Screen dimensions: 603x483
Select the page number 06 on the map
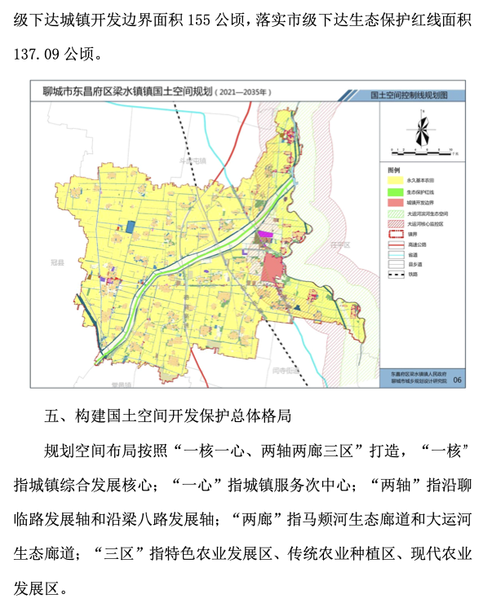(457, 379)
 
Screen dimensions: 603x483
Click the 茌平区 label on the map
(337, 244)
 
